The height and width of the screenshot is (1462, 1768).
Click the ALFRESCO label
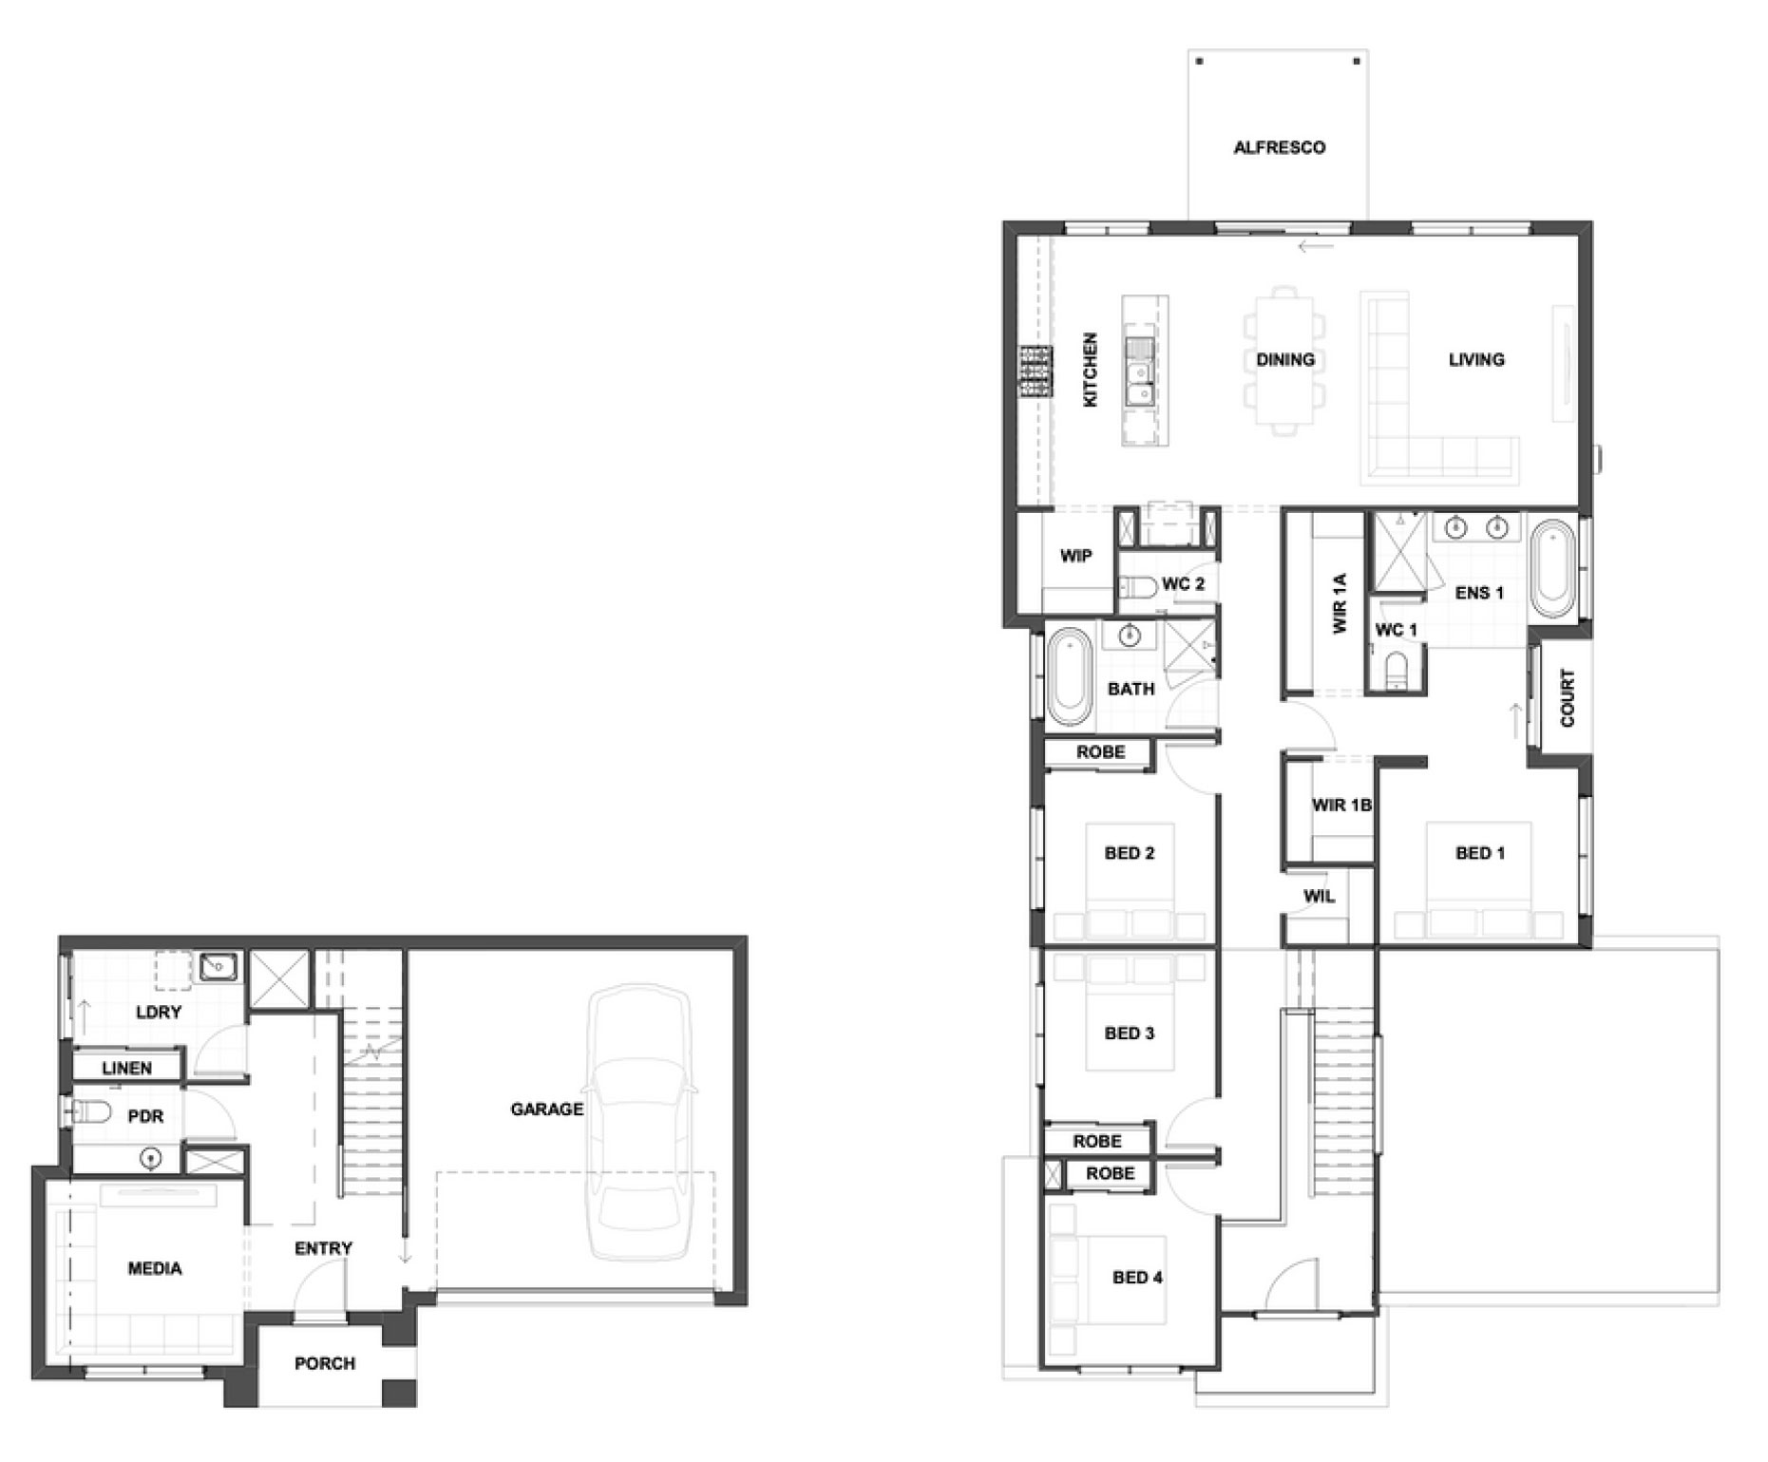tap(1279, 147)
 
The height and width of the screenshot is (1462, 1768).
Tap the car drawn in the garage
tap(640, 1122)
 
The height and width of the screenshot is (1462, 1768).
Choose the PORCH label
tap(325, 1363)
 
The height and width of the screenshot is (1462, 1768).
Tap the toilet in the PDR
tap(90, 1111)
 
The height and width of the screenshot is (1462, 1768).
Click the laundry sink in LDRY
tap(218, 968)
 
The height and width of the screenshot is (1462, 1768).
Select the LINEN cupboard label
tap(126, 1068)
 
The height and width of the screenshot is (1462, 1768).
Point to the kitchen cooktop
tap(1036, 370)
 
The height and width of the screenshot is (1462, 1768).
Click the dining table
tap(1284, 360)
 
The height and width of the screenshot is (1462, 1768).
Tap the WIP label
tap(1075, 556)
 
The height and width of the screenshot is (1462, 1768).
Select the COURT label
tap(1568, 698)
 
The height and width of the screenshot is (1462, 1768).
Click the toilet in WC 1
tap(1397, 670)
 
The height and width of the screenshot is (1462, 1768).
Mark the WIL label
tap(1319, 896)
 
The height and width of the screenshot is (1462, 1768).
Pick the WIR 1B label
tap(1341, 806)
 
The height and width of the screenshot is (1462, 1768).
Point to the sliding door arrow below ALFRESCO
tap(1316, 247)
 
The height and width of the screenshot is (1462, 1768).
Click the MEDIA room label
tap(155, 1268)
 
